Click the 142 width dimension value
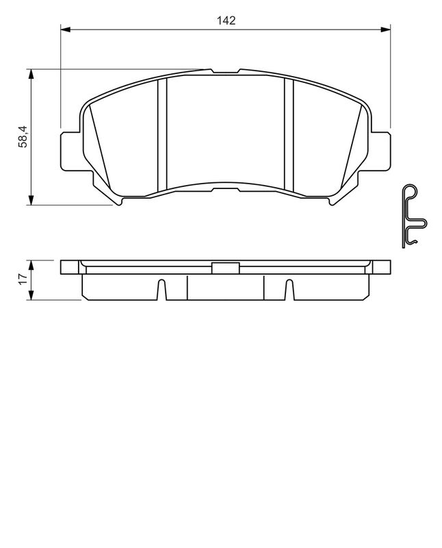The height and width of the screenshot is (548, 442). [226, 21]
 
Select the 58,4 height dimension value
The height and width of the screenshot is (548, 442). [23, 137]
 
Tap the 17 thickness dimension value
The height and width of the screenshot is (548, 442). [23, 279]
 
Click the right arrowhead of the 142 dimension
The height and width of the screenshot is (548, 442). [385, 29]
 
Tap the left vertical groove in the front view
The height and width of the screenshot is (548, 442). [162, 134]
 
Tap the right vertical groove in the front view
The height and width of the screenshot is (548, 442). [288, 134]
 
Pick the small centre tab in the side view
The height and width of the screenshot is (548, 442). [224, 268]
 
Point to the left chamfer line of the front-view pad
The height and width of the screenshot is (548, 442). [99, 147]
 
